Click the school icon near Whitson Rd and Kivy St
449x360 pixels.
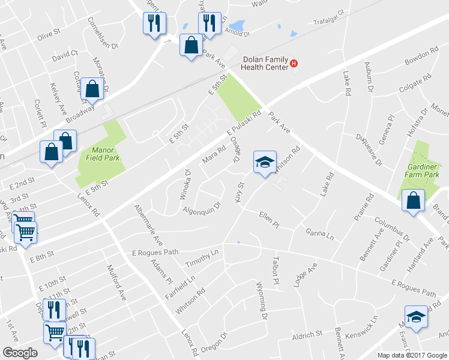point(265,162)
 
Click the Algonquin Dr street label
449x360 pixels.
point(202,207)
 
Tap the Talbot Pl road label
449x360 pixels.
point(276,271)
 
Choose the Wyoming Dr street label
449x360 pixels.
point(261,300)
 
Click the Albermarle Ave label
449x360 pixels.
point(149,226)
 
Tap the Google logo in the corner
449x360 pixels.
point(20,353)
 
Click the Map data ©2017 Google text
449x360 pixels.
point(412,355)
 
